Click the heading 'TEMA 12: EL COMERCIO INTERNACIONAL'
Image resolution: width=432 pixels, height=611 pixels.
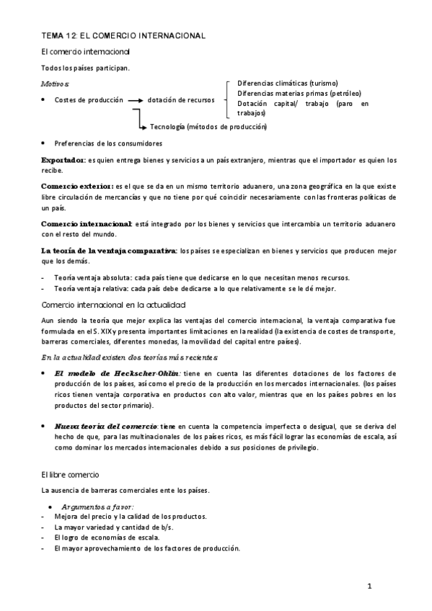click(x=123, y=35)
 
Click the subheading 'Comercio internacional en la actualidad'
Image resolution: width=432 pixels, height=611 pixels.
click(x=114, y=305)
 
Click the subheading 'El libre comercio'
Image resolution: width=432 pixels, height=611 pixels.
click(x=76, y=476)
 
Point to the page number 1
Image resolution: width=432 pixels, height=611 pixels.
click(x=369, y=587)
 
